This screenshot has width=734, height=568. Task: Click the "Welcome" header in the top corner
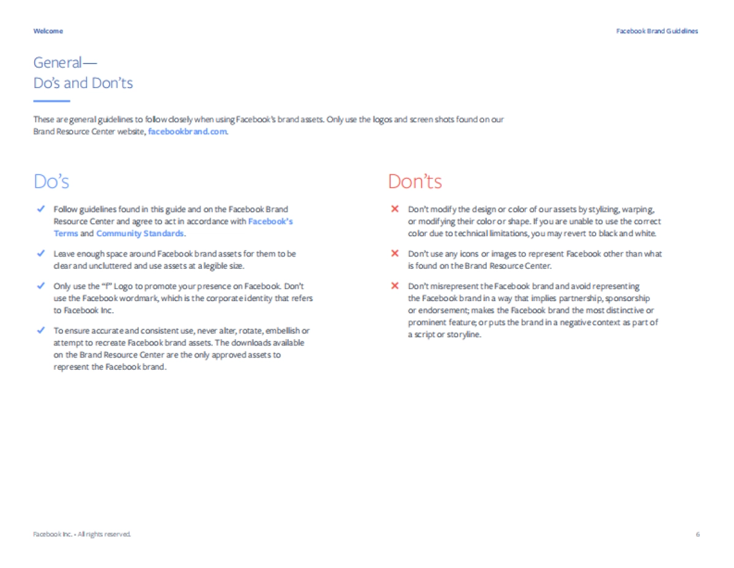click(48, 31)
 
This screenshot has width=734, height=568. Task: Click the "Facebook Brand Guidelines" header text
click(657, 31)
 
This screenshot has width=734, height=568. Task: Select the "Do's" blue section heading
click(51, 182)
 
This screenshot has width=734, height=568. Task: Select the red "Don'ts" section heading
click(415, 182)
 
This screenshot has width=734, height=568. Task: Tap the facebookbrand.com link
click(188, 132)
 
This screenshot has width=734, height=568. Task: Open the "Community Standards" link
click(139, 233)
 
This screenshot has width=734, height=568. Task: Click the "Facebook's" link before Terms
click(270, 221)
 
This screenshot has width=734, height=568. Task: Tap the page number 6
click(697, 534)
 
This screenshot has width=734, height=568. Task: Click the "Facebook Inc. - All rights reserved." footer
click(82, 534)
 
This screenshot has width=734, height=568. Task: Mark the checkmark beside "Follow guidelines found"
click(40, 209)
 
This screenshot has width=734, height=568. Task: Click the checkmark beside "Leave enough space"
click(40, 253)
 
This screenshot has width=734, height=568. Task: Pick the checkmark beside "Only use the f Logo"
click(40, 286)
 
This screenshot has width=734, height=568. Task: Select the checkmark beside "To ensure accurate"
click(40, 331)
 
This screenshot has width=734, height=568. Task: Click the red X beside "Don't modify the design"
click(395, 209)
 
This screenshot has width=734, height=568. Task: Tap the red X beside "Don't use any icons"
click(395, 253)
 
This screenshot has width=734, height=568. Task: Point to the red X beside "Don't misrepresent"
click(395, 286)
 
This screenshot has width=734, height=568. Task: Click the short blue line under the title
click(52, 101)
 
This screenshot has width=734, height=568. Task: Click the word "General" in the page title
click(57, 62)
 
